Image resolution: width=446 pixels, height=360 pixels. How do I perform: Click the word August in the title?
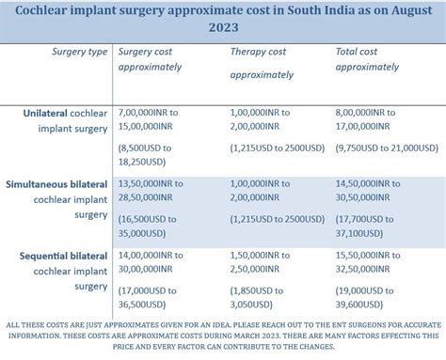[x=402, y=8]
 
